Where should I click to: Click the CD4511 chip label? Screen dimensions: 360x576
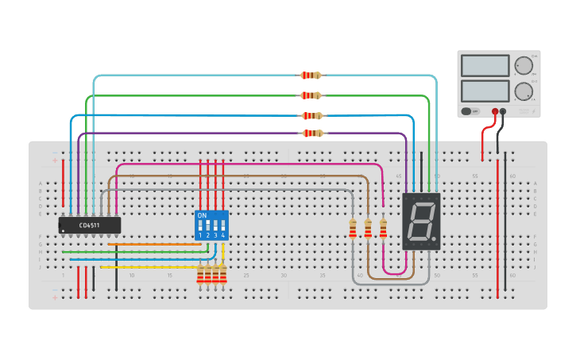click(89, 226)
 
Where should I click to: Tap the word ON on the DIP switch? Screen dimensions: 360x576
click(202, 215)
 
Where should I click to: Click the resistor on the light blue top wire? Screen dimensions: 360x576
click(311, 75)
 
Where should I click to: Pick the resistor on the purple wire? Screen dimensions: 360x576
click(313, 134)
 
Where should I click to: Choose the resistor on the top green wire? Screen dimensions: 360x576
click(311, 95)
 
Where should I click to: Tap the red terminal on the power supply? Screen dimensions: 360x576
click(495, 112)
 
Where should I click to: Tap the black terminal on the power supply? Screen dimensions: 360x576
click(503, 112)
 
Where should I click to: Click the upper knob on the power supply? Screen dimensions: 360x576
click(524, 66)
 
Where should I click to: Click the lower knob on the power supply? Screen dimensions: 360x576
click(524, 91)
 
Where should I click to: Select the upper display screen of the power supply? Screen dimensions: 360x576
click(485, 66)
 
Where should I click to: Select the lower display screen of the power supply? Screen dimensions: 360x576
click(485, 91)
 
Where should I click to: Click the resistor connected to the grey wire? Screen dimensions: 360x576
click(353, 229)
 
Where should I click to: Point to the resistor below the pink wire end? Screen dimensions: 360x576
click(383, 229)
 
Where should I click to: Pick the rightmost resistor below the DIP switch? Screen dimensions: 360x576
click(223, 275)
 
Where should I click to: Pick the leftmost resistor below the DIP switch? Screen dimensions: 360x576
click(200, 275)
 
